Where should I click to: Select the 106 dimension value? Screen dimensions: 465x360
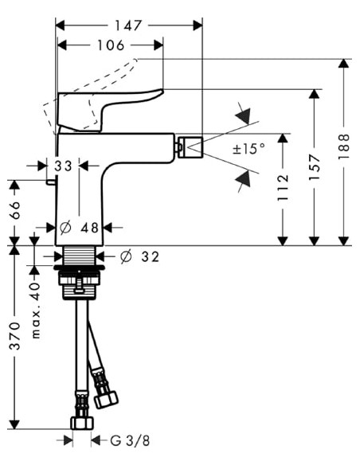(x=112, y=46)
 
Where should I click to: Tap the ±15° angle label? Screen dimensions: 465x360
(x=248, y=149)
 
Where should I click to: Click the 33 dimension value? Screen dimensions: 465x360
(x=65, y=166)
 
